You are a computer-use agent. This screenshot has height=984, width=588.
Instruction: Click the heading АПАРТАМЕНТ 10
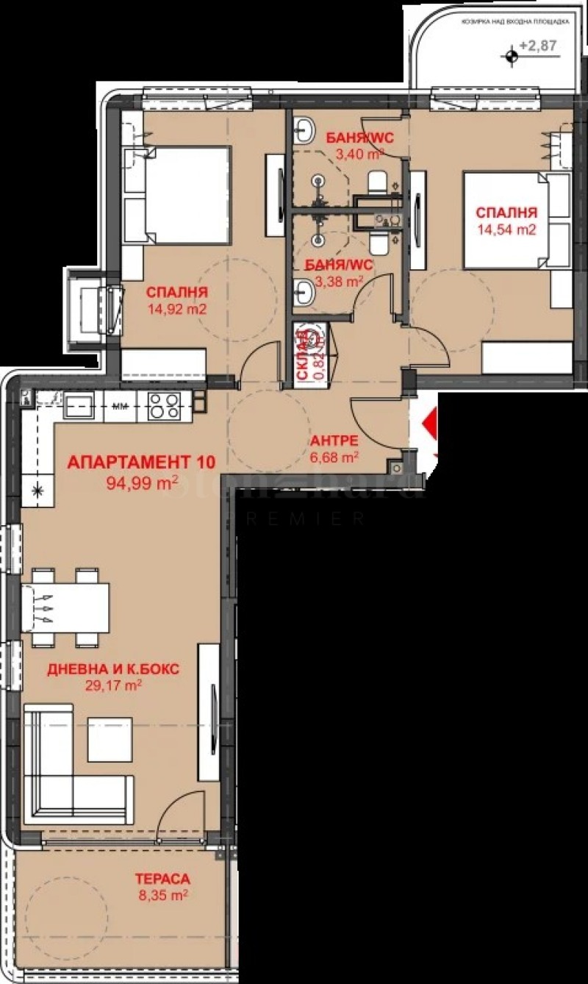click(x=140, y=463)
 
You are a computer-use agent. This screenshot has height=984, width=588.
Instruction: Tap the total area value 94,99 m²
click(x=140, y=484)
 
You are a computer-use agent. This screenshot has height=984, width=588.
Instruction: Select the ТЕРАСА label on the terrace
click(x=162, y=879)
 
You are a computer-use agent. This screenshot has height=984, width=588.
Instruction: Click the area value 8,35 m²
click(x=162, y=895)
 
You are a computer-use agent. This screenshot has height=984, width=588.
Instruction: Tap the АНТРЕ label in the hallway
click(x=334, y=441)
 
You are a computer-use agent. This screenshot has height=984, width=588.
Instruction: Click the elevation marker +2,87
click(x=537, y=46)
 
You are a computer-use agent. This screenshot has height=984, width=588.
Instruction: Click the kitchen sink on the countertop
click(x=79, y=405)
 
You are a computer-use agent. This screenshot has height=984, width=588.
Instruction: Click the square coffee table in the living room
click(x=110, y=739)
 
